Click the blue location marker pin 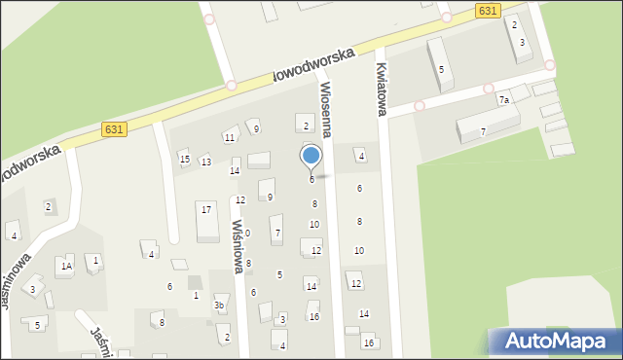[311, 157]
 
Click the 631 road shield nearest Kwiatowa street [490, 10]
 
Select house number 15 [184, 159]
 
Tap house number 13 [206, 162]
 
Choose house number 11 [230, 137]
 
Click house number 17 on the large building [205, 208]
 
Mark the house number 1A [66, 266]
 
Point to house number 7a [504, 100]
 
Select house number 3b [219, 306]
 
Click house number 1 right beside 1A [94, 260]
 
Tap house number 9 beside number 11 [256, 128]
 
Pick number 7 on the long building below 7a [483, 131]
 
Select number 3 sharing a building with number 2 [523, 43]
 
